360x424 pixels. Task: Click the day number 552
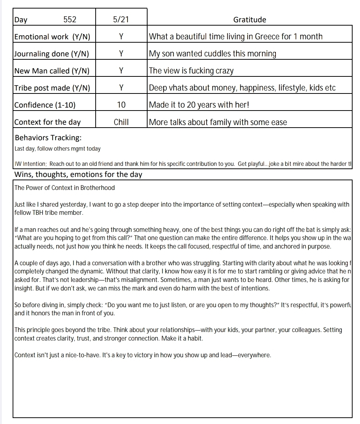[70, 20]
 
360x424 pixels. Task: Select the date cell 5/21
[121, 20]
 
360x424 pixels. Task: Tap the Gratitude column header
[250, 20]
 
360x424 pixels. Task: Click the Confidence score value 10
[121, 105]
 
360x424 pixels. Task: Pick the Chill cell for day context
[121, 122]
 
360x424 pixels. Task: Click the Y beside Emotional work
[121, 37]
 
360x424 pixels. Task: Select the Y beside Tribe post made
[121, 88]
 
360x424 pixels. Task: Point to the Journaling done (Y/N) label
[52, 54]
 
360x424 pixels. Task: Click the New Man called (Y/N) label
[52, 71]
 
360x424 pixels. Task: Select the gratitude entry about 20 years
[199, 105]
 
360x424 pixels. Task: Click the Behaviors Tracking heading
[48, 138]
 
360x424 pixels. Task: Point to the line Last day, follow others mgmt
[57, 149]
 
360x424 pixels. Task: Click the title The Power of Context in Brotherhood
[65, 188]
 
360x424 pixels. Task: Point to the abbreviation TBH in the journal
[40, 213]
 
